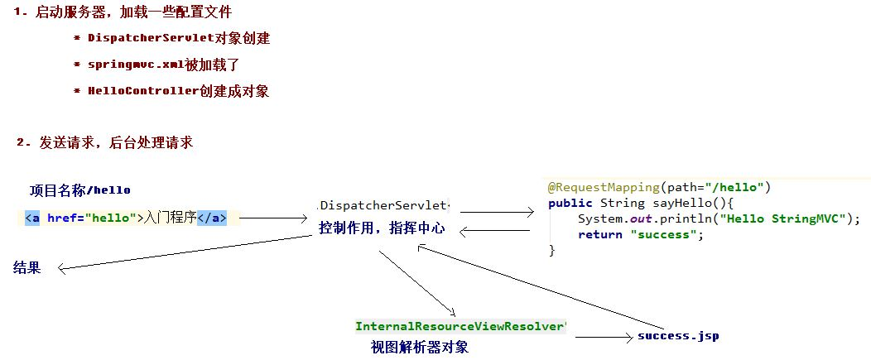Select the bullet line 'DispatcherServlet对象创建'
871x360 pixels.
coord(178,39)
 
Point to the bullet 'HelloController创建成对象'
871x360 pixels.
coord(178,91)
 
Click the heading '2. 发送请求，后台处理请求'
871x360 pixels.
coord(104,142)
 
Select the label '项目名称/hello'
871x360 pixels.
coord(80,190)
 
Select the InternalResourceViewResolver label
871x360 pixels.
coord(460,326)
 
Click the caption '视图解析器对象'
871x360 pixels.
coord(420,347)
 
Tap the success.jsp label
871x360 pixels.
coord(678,336)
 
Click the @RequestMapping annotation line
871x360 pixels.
coord(659,187)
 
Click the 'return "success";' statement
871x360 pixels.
coord(640,234)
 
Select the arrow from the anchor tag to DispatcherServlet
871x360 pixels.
coord(272,218)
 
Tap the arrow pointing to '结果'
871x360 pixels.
coord(182,252)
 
